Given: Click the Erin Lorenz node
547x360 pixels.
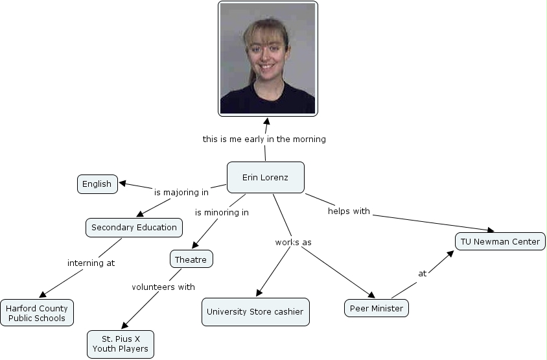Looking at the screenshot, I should (x=265, y=177).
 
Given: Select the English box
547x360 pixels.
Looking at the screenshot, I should (x=97, y=184).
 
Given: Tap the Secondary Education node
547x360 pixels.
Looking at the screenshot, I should (x=134, y=228).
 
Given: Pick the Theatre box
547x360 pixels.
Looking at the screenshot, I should (x=191, y=259).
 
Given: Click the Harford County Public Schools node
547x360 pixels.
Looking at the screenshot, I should (x=37, y=313).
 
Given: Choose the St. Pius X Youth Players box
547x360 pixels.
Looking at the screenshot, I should (x=121, y=344).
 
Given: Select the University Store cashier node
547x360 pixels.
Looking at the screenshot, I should (x=255, y=311).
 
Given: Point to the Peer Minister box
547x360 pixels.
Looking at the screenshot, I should (x=376, y=308).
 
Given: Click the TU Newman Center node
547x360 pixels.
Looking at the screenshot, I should (x=500, y=241).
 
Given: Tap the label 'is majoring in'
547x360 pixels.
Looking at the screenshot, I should (x=181, y=192).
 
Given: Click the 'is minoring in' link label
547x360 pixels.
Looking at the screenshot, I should (x=222, y=212).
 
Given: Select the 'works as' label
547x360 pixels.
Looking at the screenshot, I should (x=293, y=242).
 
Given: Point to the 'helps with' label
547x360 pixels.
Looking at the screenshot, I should (x=349, y=211).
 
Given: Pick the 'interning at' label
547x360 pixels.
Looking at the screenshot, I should (x=91, y=263).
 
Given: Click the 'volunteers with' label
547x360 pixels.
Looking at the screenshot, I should (x=163, y=287).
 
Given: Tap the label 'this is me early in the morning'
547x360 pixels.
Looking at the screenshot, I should (x=264, y=139).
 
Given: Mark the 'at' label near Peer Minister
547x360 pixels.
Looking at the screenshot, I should (x=422, y=273).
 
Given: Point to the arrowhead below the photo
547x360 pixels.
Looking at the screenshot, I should (x=266, y=121).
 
